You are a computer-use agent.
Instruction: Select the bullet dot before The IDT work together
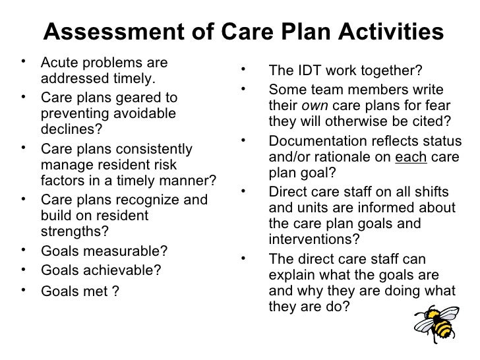click(244, 68)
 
